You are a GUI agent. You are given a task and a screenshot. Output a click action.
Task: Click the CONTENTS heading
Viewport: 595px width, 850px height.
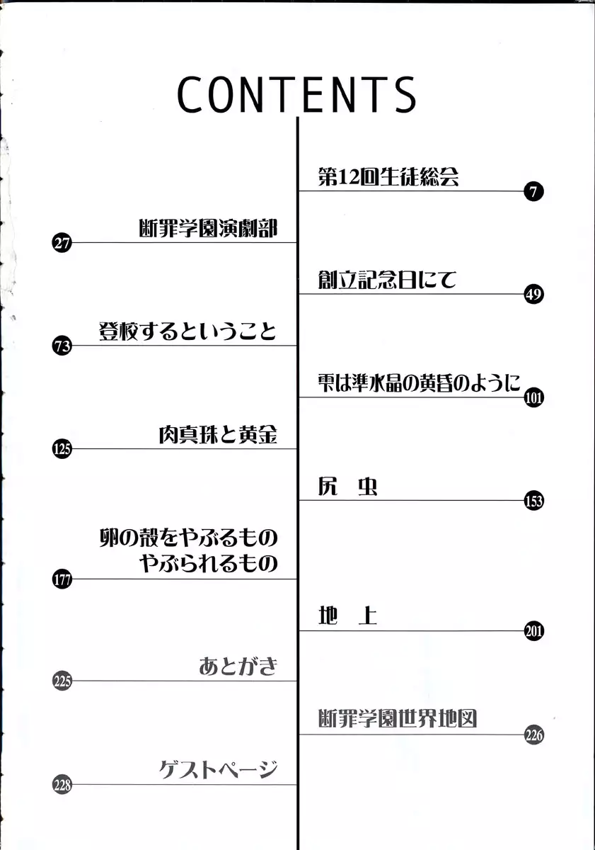[x=296, y=95]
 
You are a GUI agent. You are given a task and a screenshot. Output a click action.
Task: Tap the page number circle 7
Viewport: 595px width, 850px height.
[x=533, y=191]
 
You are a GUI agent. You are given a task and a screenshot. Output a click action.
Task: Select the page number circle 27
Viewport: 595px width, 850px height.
[x=62, y=243]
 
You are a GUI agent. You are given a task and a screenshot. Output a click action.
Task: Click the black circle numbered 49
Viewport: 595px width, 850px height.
[x=533, y=294]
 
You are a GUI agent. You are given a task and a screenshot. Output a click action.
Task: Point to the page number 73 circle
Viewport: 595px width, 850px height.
[x=62, y=346]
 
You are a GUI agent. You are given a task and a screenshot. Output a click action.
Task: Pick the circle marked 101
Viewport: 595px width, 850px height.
[x=533, y=397]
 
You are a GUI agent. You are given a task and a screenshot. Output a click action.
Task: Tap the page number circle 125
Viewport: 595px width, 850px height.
[x=62, y=449]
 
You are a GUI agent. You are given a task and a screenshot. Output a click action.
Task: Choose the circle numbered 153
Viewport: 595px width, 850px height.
[x=533, y=501]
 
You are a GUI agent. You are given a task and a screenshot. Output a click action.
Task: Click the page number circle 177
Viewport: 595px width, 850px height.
[x=62, y=579]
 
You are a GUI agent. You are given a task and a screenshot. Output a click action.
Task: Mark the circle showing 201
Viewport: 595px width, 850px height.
[x=533, y=631]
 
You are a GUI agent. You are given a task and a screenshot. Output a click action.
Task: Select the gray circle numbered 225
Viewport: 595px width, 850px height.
[x=62, y=681]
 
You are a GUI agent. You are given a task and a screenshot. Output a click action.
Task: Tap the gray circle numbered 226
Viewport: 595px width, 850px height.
[x=533, y=735]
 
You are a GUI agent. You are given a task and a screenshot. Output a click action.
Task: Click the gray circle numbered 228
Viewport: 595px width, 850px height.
[x=62, y=785]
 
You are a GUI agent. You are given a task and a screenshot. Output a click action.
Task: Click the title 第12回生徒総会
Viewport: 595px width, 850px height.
[x=388, y=176]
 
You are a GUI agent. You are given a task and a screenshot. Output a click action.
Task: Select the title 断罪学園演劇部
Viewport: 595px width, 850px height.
[x=208, y=228]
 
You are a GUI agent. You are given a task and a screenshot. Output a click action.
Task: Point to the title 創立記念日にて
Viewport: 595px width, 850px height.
[x=387, y=280]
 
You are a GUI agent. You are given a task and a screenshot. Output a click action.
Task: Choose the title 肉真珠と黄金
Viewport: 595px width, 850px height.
[x=218, y=434]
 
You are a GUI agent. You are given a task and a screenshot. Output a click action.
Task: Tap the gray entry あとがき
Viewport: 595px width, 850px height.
[x=238, y=667]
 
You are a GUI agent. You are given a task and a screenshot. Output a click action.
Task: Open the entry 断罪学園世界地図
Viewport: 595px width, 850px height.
[x=397, y=718]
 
